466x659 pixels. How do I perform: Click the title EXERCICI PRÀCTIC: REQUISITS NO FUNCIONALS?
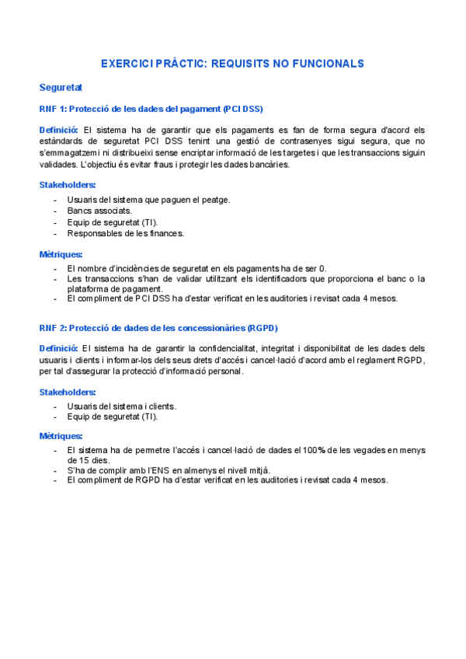232,63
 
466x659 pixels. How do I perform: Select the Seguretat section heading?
61,87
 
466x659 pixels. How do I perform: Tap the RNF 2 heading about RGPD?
158,327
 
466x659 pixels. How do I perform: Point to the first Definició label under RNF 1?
58,129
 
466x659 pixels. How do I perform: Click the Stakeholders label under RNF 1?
68,184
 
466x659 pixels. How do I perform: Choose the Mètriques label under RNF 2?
61,436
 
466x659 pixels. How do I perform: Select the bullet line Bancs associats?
99,211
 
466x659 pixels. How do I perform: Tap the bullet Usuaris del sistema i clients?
121,406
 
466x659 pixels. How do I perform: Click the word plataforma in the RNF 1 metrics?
89,288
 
